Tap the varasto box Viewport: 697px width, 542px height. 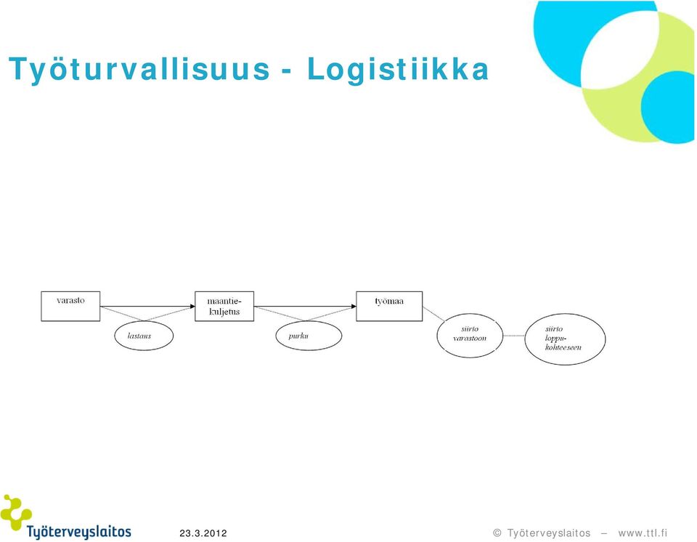tap(70, 306)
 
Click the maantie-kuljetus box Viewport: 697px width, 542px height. tap(224, 306)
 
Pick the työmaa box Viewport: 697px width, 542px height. tap(389, 306)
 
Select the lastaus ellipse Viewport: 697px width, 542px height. tap(144, 336)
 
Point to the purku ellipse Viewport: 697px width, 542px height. tap(309, 336)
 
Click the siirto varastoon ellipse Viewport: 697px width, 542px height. tap(470, 336)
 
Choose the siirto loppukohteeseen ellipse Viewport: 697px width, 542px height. tap(565, 339)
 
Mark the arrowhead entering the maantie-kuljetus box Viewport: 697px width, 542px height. tap(192, 306)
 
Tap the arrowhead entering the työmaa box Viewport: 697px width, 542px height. tap(354, 306)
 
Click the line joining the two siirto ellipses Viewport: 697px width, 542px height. tap(514, 336)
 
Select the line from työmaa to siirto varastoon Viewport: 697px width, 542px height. tap(433, 314)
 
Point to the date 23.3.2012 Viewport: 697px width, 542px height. tap(203, 533)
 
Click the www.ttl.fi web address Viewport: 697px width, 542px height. tap(643, 533)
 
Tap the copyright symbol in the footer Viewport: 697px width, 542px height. tap(497, 533)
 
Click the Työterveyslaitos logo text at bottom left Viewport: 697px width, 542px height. tap(78, 533)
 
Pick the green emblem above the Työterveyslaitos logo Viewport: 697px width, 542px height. tap(15, 512)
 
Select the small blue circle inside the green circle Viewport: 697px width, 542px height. tap(668, 107)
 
